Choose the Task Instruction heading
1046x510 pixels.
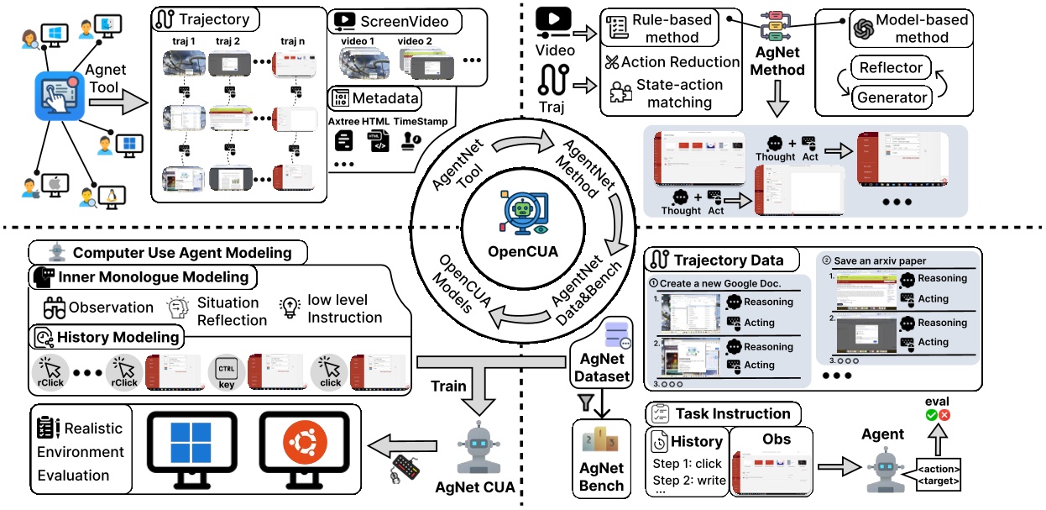pyautogui.click(x=733, y=413)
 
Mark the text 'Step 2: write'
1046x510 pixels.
pyautogui.click(x=687, y=481)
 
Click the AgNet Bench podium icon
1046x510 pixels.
pyautogui.click(x=602, y=440)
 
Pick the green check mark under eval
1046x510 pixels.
pyautogui.click(x=931, y=415)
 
